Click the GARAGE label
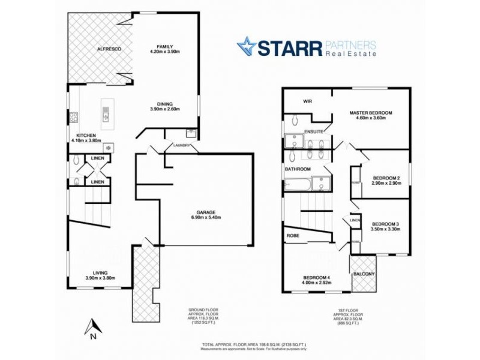click(x=205, y=212)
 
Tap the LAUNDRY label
click(x=181, y=145)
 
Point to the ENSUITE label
click(x=314, y=131)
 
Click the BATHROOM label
click(x=298, y=169)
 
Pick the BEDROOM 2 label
click(x=386, y=178)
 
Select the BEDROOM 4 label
click(x=319, y=277)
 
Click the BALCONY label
click(x=364, y=274)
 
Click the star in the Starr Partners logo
click(x=246, y=46)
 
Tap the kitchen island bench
click(x=106, y=112)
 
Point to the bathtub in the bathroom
click(x=298, y=184)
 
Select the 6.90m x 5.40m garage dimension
click(x=205, y=218)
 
